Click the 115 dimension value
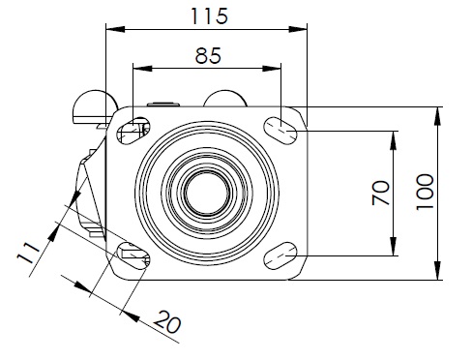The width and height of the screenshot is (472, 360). pyautogui.click(x=210, y=16)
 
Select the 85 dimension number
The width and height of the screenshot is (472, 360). pyautogui.click(x=208, y=55)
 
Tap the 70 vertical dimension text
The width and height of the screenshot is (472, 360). pyautogui.click(x=381, y=193)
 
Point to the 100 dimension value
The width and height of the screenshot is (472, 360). pyautogui.click(x=425, y=192)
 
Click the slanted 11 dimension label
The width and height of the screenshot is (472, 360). pyautogui.click(x=28, y=253)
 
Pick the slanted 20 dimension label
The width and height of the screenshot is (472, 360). pyautogui.click(x=167, y=321)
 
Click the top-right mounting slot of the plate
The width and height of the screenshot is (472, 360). pyautogui.click(x=280, y=131)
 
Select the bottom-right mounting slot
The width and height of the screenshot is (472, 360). pyautogui.click(x=280, y=255)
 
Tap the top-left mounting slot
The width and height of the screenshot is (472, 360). pyautogui.click(x=133, y=131)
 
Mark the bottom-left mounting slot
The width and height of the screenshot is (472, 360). pyautogui.click(x=133, y=255)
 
